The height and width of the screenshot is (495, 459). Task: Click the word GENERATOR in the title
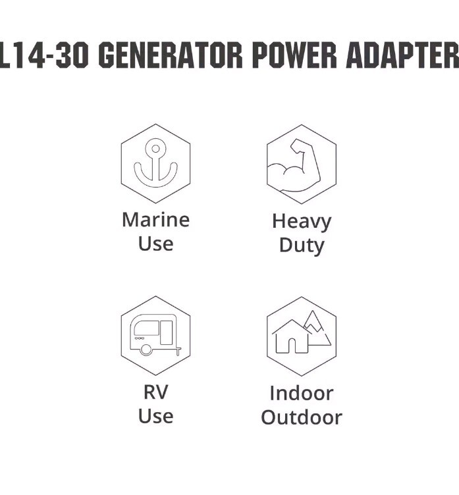click(x=171, y=55)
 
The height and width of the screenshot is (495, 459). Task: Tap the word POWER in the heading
click(x=295, y=55)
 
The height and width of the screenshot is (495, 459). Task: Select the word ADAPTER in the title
click(x=403, y=55)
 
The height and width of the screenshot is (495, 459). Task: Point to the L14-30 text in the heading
click(x=44, y=55)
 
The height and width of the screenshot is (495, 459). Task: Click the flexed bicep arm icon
click(x=294, y=165)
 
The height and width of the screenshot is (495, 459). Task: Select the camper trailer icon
click(x=155, y=335)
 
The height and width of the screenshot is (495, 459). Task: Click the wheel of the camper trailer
click(x=146, y=350)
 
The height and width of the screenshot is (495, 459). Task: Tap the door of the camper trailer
click(x=167, y=332)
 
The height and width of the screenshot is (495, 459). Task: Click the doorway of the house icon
click(x=292, y=346)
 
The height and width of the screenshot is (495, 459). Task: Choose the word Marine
click(x=155, y=220)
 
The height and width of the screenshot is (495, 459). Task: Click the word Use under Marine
click(x=155, y=244)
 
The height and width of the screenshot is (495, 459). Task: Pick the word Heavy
click(x=302, y=222)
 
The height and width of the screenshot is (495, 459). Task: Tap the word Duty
click(x=302, y=246)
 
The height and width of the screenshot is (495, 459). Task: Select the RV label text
click(x=155, y=392)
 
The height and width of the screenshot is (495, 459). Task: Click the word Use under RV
click(x=155, y=416)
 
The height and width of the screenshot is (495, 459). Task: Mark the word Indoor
click(x=302, y=394)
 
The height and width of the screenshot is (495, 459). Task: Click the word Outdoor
click(x=302, y=417)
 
